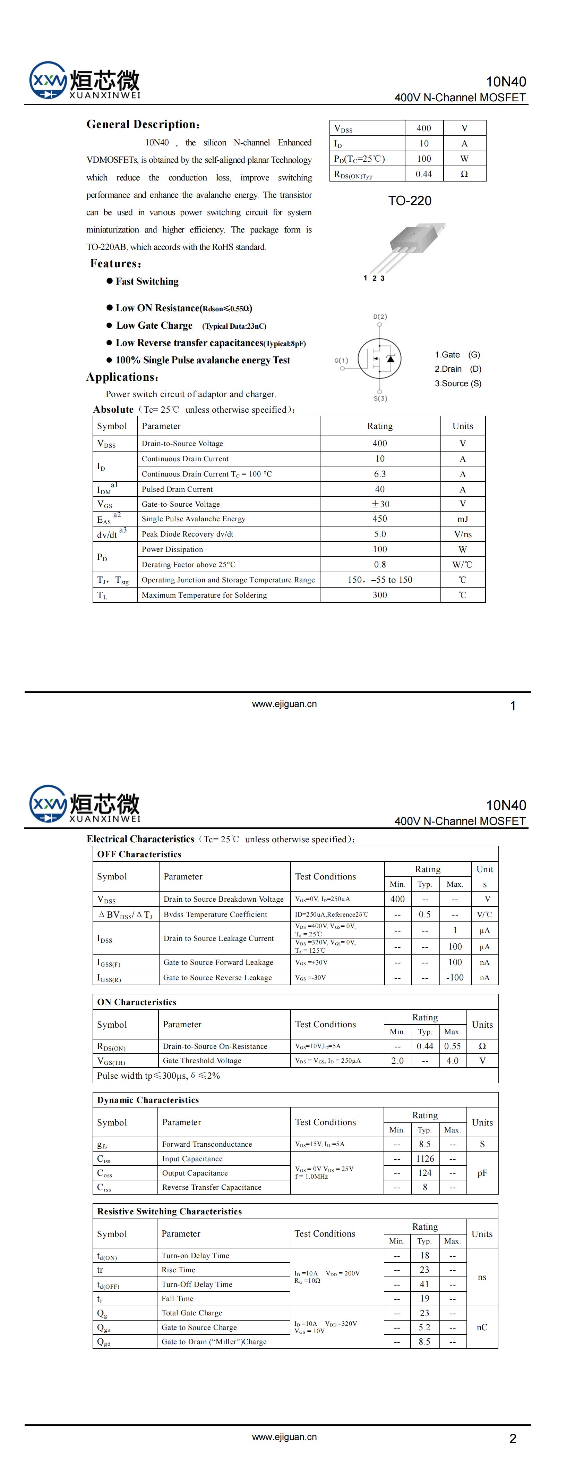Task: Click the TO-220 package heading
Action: pos(410,201)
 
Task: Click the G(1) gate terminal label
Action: pos(341,360)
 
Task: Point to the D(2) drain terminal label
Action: pos(380,317)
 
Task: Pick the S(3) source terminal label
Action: pos(380,398)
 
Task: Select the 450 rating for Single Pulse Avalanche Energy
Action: pos(379,519)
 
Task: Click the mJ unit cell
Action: pos(462,519)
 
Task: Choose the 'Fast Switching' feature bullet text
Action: pos(147,281)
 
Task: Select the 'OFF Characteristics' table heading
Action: pos(139,854)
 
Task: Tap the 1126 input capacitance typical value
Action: pos(424,1159)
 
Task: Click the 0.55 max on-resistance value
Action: pos(452,1046)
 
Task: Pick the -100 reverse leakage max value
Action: pos(455,978)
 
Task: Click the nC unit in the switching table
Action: pos(482,1327)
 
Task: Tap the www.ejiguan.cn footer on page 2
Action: pos(284,1437)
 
